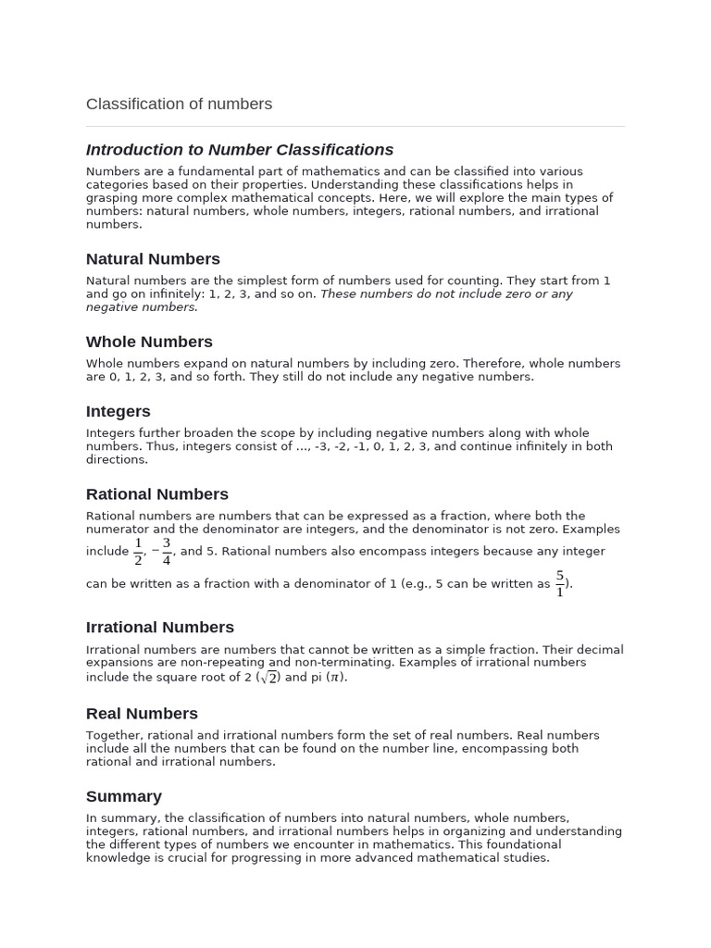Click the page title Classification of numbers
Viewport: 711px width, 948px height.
coord(179,104)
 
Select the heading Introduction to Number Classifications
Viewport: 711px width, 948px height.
coord(240,150)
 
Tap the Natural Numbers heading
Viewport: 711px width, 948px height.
coord(153,259)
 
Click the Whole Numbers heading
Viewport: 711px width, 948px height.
coord(149,342)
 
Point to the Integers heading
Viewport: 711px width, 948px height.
coord(118,411)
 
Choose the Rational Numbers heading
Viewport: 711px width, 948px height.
coord(156,494)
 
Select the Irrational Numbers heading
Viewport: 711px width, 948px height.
coord(159,628)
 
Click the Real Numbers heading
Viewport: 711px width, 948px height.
coord(142,714)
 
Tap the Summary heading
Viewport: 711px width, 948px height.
coord(123,797)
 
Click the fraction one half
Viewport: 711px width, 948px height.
coord(139,551)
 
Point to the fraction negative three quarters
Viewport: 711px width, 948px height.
coord(162,551)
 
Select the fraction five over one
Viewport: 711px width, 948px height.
coord(560,584)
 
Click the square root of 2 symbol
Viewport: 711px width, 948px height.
coord(269,678)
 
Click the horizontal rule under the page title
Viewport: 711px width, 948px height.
coord(355,127)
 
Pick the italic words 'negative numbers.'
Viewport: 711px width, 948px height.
coord(142,307)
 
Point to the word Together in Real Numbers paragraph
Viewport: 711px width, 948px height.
coord(115,736)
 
